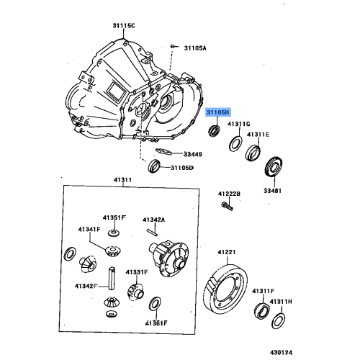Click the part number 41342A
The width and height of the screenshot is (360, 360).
(153, 220)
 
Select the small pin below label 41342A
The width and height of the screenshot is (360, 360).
(152, 232)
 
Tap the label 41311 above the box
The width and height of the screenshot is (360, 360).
(122, 180)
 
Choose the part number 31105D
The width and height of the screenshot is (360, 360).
(182, 168)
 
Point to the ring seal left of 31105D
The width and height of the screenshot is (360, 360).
(154, 167)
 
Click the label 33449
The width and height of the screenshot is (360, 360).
(192, 153)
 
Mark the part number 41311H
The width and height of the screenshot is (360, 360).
(281, 302)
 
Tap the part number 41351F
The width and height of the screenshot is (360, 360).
(114, 217)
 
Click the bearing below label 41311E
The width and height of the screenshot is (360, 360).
(253, 152)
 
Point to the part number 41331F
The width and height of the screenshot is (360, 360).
(136, 272)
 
